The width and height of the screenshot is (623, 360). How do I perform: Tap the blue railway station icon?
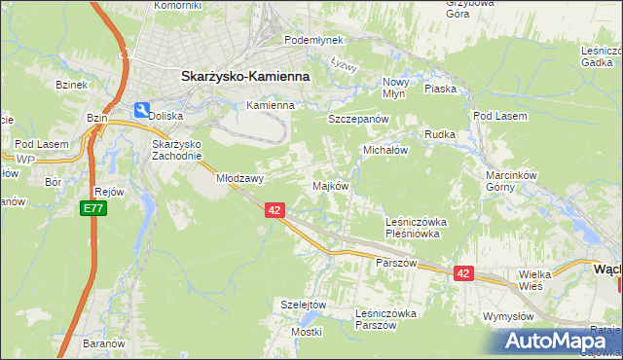pos(142,111)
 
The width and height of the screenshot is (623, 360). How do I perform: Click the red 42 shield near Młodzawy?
pos(274,210)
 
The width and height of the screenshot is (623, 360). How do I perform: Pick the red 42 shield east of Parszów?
pos(462,274)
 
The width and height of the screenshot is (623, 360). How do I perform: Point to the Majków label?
pos(329,185)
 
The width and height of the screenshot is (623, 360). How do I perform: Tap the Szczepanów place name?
pos(358,118)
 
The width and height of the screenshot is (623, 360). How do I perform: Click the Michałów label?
pos(385,151)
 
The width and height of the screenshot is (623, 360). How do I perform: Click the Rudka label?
pos(440,134)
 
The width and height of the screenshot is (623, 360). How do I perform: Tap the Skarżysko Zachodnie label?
pos(176,150)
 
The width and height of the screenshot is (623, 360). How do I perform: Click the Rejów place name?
pos(109,192)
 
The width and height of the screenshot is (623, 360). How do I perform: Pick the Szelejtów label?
pos(302,304)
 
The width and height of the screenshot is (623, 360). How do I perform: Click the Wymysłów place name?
pos(509,316)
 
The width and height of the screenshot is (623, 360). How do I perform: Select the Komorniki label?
pos(176,5)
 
